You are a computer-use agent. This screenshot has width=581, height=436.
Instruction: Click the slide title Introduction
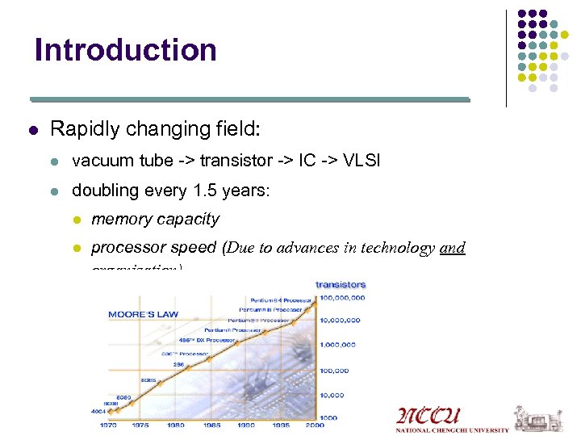(x=126, y=50)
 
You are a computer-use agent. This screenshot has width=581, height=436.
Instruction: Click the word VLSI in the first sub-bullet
(x=357, y=161)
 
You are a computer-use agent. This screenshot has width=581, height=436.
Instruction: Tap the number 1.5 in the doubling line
(x=205, y=191)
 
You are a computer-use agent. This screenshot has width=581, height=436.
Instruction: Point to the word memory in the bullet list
(x=120, y=219)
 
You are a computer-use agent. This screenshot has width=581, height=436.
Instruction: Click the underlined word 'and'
(x=453, y=248)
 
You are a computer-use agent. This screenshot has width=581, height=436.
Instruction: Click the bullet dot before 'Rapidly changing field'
(x=32, y=129)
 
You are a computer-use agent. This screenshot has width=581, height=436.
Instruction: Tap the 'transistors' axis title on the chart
(x=341, y=284)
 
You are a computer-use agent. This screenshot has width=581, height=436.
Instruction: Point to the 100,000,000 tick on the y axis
(x=342, y=298)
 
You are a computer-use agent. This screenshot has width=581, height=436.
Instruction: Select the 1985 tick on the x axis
(x=211, y=424)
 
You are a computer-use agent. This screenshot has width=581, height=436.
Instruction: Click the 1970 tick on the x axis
(x=107, y=424)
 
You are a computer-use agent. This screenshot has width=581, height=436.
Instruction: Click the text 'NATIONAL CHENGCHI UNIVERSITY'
(x=452, y=430)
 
